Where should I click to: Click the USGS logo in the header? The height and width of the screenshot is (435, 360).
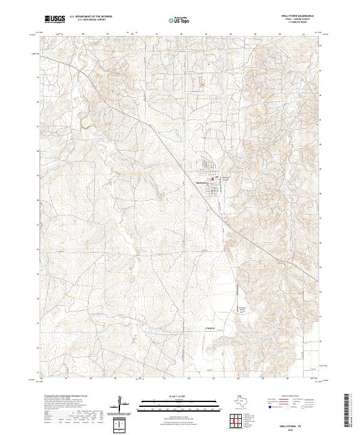pos(55,20)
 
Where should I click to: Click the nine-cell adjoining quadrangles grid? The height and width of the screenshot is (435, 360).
pos(237,421)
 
